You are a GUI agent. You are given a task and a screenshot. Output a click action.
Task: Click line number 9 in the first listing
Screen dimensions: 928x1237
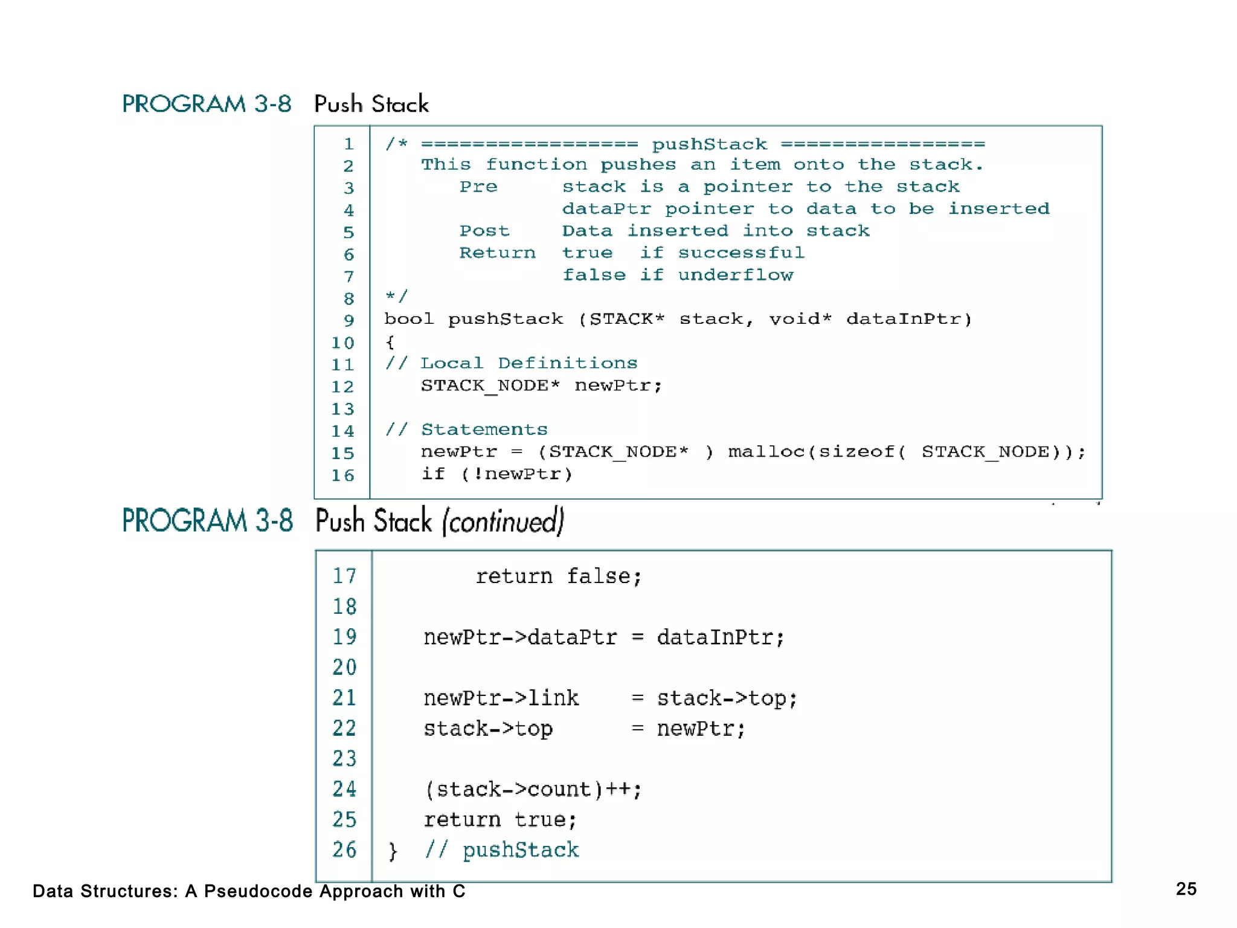[x=349, y=321]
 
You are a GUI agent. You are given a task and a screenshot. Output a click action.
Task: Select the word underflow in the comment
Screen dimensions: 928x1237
[x=735, y=275]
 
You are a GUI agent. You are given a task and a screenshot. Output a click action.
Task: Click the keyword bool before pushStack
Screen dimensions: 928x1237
[x=409, y=319]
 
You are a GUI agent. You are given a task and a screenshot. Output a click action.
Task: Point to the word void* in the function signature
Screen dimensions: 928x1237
[x=800, y=319]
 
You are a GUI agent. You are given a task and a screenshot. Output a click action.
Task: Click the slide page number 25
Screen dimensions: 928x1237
[x=1186, y=889]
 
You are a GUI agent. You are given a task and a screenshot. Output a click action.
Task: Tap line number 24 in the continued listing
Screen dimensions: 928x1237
[x=344, y=789]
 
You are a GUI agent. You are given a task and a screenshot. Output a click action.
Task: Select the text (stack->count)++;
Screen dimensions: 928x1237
[x=533, y=790]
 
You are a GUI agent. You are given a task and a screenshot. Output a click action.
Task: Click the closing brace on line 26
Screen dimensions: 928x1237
[x=393, y=851]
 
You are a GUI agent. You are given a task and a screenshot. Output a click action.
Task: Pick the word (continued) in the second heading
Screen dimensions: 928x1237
[x=503, y=521]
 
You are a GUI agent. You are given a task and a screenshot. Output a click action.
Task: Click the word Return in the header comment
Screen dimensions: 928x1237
[x=497, y=253]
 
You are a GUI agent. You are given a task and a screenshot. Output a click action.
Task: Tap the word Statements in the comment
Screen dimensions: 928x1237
[x=484, y=430]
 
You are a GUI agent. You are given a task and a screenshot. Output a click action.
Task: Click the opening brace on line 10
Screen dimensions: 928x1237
[x=390, y=343]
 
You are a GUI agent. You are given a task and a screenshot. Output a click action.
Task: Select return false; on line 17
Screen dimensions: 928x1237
[x=558, y=576]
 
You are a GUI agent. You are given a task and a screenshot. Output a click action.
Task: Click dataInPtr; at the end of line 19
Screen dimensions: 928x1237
[x=720, y=637]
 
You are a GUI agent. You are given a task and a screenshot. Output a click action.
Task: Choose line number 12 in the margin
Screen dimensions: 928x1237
[x=342, y=387]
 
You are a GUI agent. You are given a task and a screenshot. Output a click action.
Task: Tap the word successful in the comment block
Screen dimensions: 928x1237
[x=741, y=253]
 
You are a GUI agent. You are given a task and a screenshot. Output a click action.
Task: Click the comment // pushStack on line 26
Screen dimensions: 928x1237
[x=501, y=850]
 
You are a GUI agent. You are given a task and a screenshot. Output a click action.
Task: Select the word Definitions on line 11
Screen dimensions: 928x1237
[x=567, y=363]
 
